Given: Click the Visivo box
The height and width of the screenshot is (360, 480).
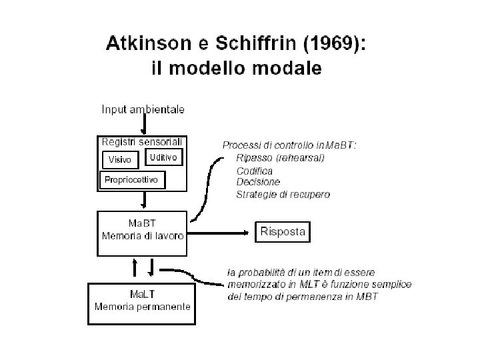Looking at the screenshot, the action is pos(120,160).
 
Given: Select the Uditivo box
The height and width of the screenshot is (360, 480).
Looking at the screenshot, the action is pos(163,158).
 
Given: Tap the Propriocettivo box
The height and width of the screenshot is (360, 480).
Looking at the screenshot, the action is pos(131,180).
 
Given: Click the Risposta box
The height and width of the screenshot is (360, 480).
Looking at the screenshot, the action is pos(283,232).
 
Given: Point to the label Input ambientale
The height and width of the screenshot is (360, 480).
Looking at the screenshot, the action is pos(143,109).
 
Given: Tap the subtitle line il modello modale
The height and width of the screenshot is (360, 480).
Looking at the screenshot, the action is pos(234,68).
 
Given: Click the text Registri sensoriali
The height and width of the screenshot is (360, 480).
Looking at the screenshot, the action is pos(142,141).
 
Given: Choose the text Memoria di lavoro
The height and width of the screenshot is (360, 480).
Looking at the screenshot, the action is pos(143,236).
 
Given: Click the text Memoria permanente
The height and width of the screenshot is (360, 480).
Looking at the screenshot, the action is pos(143,307).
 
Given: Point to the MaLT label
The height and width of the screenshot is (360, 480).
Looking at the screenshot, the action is pos(143,294).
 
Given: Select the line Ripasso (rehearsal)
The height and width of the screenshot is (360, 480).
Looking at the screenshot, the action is pos(280,158).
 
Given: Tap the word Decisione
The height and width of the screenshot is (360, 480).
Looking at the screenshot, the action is pos(258,182).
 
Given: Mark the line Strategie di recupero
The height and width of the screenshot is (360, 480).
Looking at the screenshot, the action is pos(283,195).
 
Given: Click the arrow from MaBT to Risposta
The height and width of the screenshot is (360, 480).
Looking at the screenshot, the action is pos(220,233).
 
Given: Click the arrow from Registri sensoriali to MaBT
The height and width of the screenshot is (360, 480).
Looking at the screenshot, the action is pos(144,201).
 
